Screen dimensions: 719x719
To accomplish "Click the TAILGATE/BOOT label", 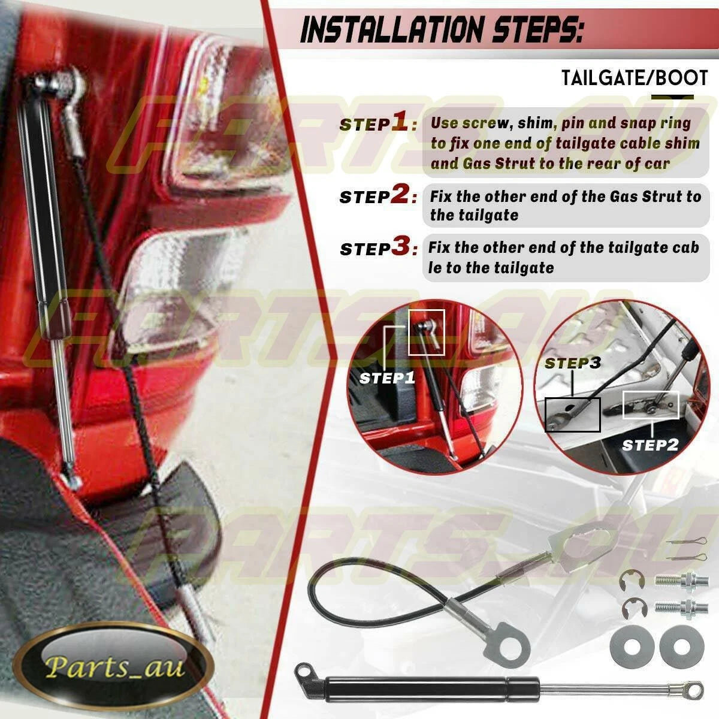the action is coord(635,78).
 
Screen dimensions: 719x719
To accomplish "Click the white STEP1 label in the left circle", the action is coord(387,378).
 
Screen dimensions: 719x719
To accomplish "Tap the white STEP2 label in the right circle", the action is coord(650,445).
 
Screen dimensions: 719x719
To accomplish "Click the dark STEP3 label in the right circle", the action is coord(573,362).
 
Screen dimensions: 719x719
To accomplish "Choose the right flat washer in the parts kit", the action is coord(682,647).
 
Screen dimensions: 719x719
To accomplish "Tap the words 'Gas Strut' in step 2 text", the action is coord(650,197).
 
